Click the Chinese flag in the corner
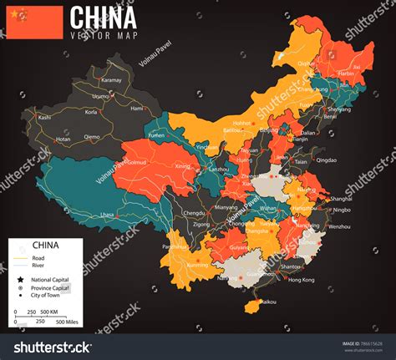click(34, 22)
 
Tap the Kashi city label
click(45, 118)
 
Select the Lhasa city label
click(107, 215)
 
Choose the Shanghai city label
click(341, 199)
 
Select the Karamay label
click(111, 80)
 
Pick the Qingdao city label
click(327, 160)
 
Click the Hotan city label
click(63, 139)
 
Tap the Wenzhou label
click(340, 226)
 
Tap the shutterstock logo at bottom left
click(46, 347)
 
